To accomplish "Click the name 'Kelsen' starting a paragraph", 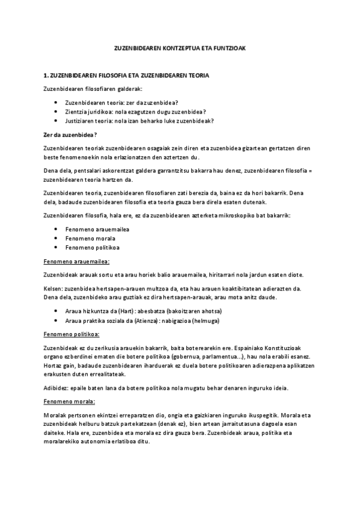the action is pyautogui.click(x=53, y=289).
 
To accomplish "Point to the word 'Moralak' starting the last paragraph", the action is pyautogui.click(x=56, y=414).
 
